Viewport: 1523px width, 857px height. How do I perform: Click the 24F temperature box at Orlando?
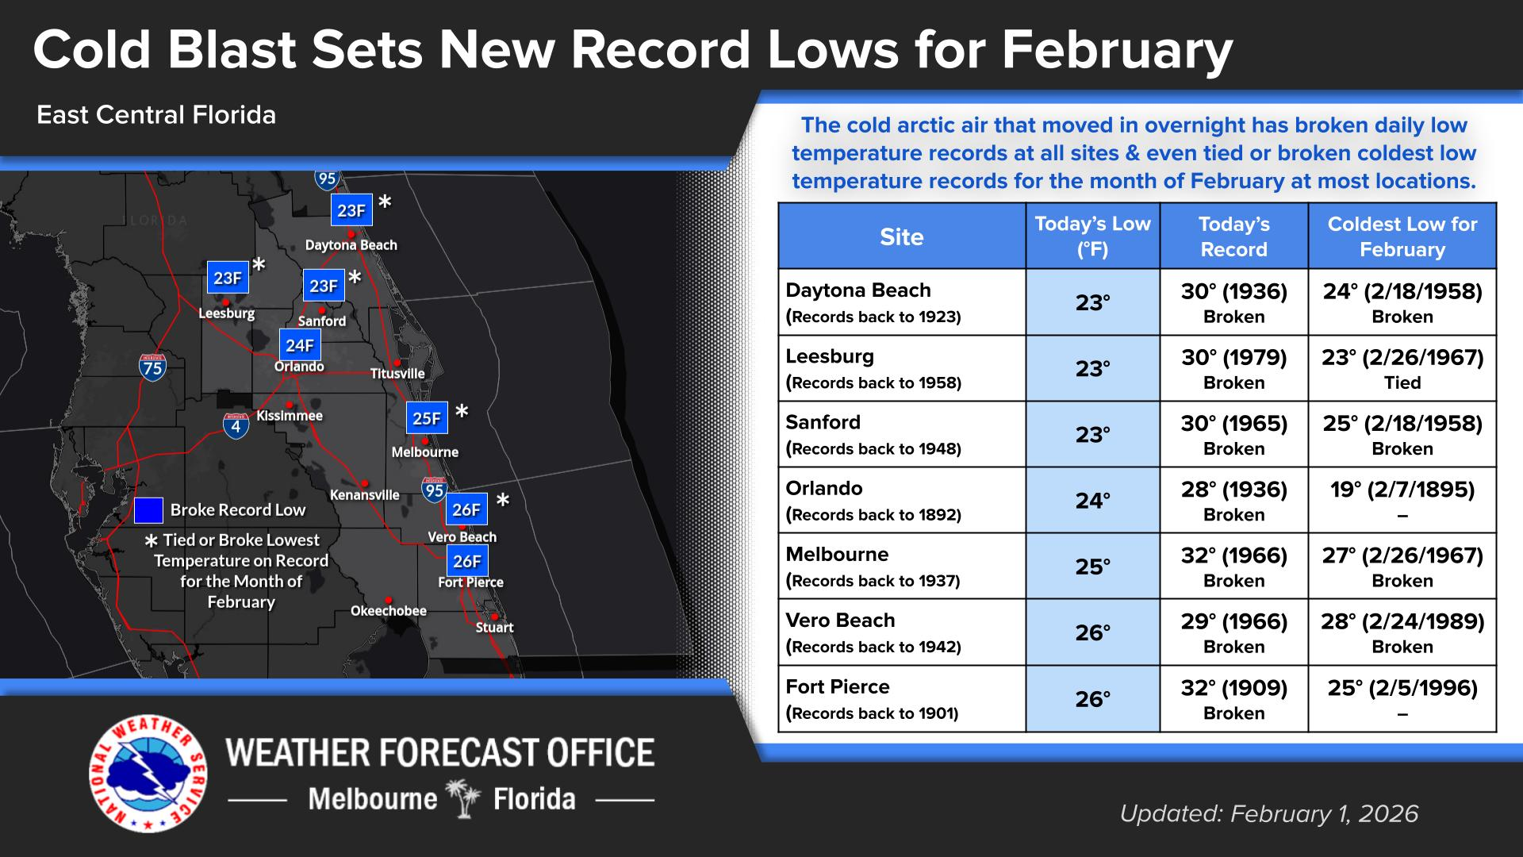[x=300, y=345]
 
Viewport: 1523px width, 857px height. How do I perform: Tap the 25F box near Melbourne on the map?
[x=427, y=418]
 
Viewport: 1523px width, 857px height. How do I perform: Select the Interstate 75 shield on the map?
[x=152, y=367]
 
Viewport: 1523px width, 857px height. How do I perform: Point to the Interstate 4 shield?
[x=236, y=426]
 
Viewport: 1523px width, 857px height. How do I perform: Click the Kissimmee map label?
[x=290, y=416]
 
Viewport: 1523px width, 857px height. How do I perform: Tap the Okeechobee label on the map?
[x=389, y=611]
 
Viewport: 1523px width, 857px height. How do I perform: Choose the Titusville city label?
[x=397, y=374]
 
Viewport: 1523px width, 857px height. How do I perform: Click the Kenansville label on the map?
[x=365, y=495]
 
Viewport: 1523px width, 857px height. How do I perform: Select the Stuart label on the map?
[x=495, y=628]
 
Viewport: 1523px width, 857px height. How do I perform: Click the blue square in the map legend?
[x=148, y=511]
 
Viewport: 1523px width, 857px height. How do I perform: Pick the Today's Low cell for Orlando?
[x=1092, y=500]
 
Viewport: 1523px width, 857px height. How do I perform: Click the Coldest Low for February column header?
[x=1402, y=236]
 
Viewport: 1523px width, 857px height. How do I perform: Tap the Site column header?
[x=902, y=236]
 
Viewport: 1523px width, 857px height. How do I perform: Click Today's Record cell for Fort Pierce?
[x=1233, y=699]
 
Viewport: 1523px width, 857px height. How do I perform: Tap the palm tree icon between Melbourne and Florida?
[x=464, y=798]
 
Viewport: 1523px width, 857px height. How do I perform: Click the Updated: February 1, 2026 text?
[x=1269, y=814]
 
